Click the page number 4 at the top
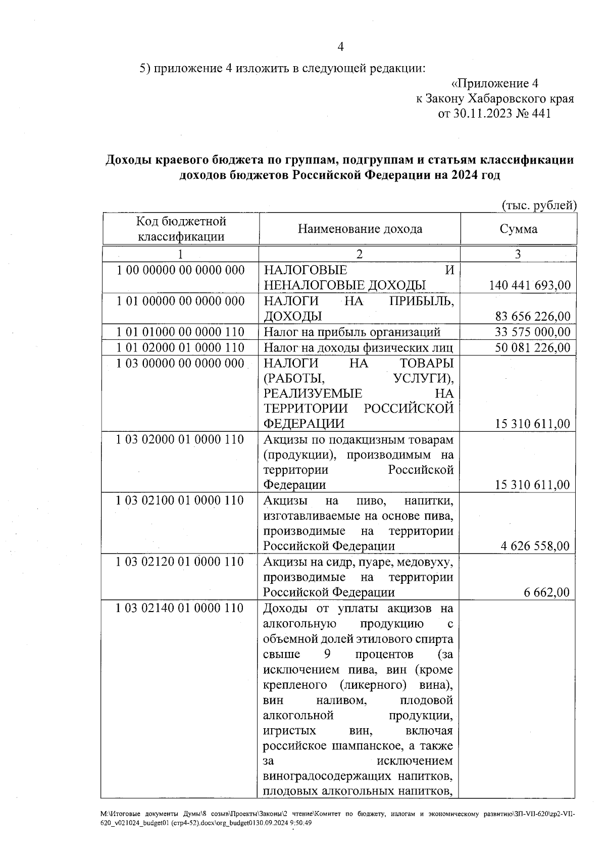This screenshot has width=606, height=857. coord(340,47)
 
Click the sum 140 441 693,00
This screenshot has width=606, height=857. coord(530,285)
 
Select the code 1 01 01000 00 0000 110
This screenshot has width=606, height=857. coord(180,332)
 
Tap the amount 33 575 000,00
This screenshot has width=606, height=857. coord(532,332)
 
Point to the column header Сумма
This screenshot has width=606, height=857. coord(518,229)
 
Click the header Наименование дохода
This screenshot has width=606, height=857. coord(360,229)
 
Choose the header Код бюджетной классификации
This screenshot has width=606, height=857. coord(181,229)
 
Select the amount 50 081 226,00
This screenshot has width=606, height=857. coord(532,347)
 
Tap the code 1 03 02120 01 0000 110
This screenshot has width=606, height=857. coord(180,562)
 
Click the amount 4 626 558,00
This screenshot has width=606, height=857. coord(535,546)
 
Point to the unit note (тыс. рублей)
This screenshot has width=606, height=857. coord(539,205)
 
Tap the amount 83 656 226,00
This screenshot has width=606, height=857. coord(532,317)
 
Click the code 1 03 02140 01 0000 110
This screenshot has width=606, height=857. coord(180,608)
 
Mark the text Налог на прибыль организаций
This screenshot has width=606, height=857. coord(352,332)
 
